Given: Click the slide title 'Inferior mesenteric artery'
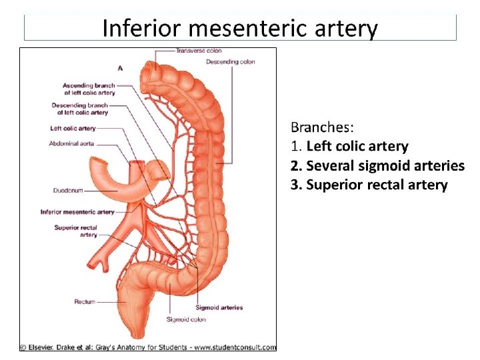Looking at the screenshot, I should [240, 29].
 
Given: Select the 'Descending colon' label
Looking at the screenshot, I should [230, 62].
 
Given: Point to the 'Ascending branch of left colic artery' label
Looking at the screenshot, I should [89, 89].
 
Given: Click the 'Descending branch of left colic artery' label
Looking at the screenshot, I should [79, 109].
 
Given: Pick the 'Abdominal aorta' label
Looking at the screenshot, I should [71, 143].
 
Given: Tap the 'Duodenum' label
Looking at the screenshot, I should [68, 191].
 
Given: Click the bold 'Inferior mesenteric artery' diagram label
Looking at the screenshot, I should [77, 212].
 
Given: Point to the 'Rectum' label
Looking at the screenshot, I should [85, 302].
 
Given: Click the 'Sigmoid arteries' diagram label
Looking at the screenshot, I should [219, 307].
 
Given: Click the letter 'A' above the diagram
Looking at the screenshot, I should [120, 67].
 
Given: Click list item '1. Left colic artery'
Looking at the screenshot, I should [349, 146].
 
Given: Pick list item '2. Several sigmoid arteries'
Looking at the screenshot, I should [377, 165].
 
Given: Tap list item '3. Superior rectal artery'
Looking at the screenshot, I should [369, 185].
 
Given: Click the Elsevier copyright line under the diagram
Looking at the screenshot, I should [147, 347].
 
